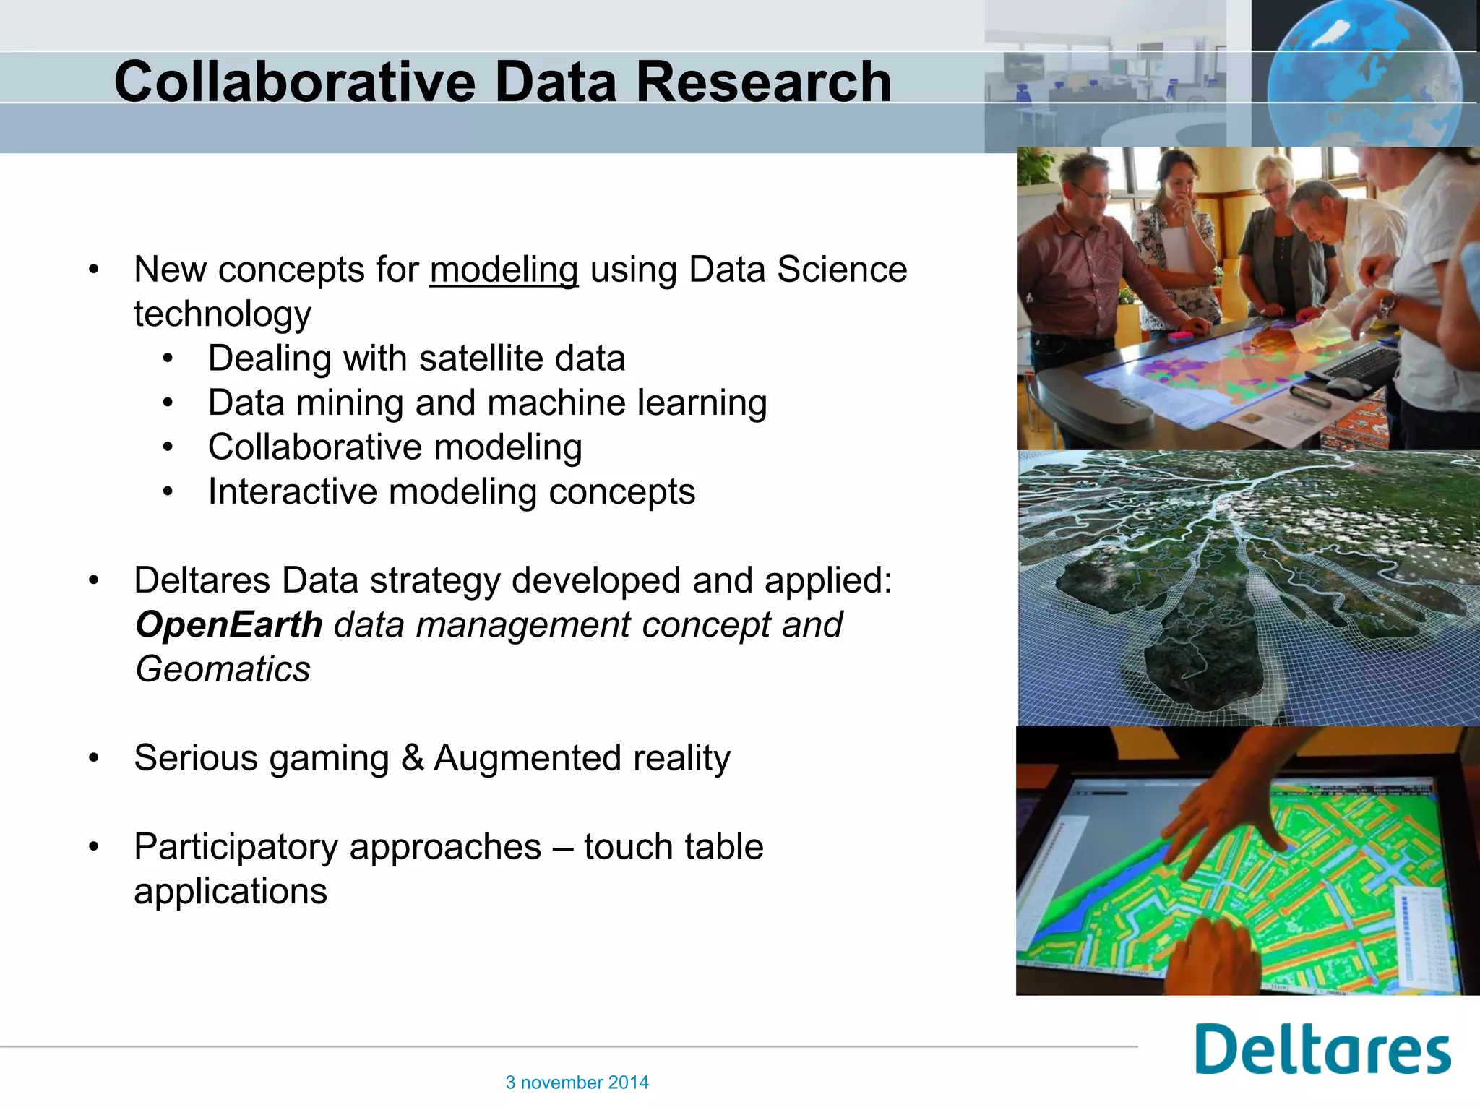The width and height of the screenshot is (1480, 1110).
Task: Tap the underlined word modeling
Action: [x=504, y=270]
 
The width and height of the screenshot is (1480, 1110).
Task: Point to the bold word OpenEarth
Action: [x=228, y=625]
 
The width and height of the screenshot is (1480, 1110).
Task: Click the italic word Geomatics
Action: [x=223, y=669]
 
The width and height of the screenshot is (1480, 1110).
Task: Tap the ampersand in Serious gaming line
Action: [x=412, y=758]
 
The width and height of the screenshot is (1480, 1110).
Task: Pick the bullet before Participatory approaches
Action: [x=93, y=847]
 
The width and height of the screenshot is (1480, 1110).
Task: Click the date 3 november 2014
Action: [x=577, y=1083]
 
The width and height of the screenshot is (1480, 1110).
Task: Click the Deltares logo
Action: [x=1322, y=1049]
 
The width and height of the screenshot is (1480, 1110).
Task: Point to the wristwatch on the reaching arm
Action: [x=1387, y=304]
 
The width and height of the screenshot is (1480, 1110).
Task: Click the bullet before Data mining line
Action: [x=168, y=403]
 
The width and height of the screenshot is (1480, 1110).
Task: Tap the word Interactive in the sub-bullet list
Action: [x=292, y=492]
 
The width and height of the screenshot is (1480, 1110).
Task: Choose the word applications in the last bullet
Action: [x=231, y=891]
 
